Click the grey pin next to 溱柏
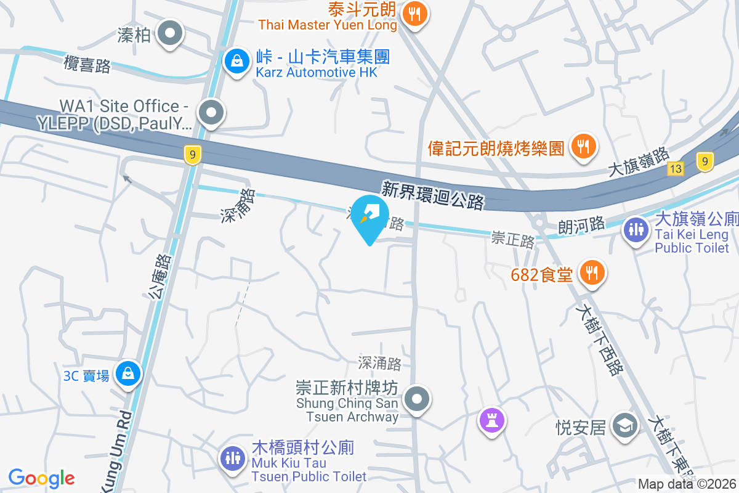tap(171, 33)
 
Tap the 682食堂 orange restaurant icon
tap(592, 272)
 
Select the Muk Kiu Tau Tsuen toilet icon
tap(232, 458)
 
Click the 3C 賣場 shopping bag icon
tap(128, 373)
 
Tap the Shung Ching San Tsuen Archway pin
tap(418, 399)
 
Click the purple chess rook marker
tap(491, 422)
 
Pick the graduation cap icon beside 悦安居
tap(625, 425)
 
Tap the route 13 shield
tap(676, 168)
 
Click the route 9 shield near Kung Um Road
tap(192, 155)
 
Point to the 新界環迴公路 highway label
tap(432, 195)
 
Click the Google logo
tap(41, 478)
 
